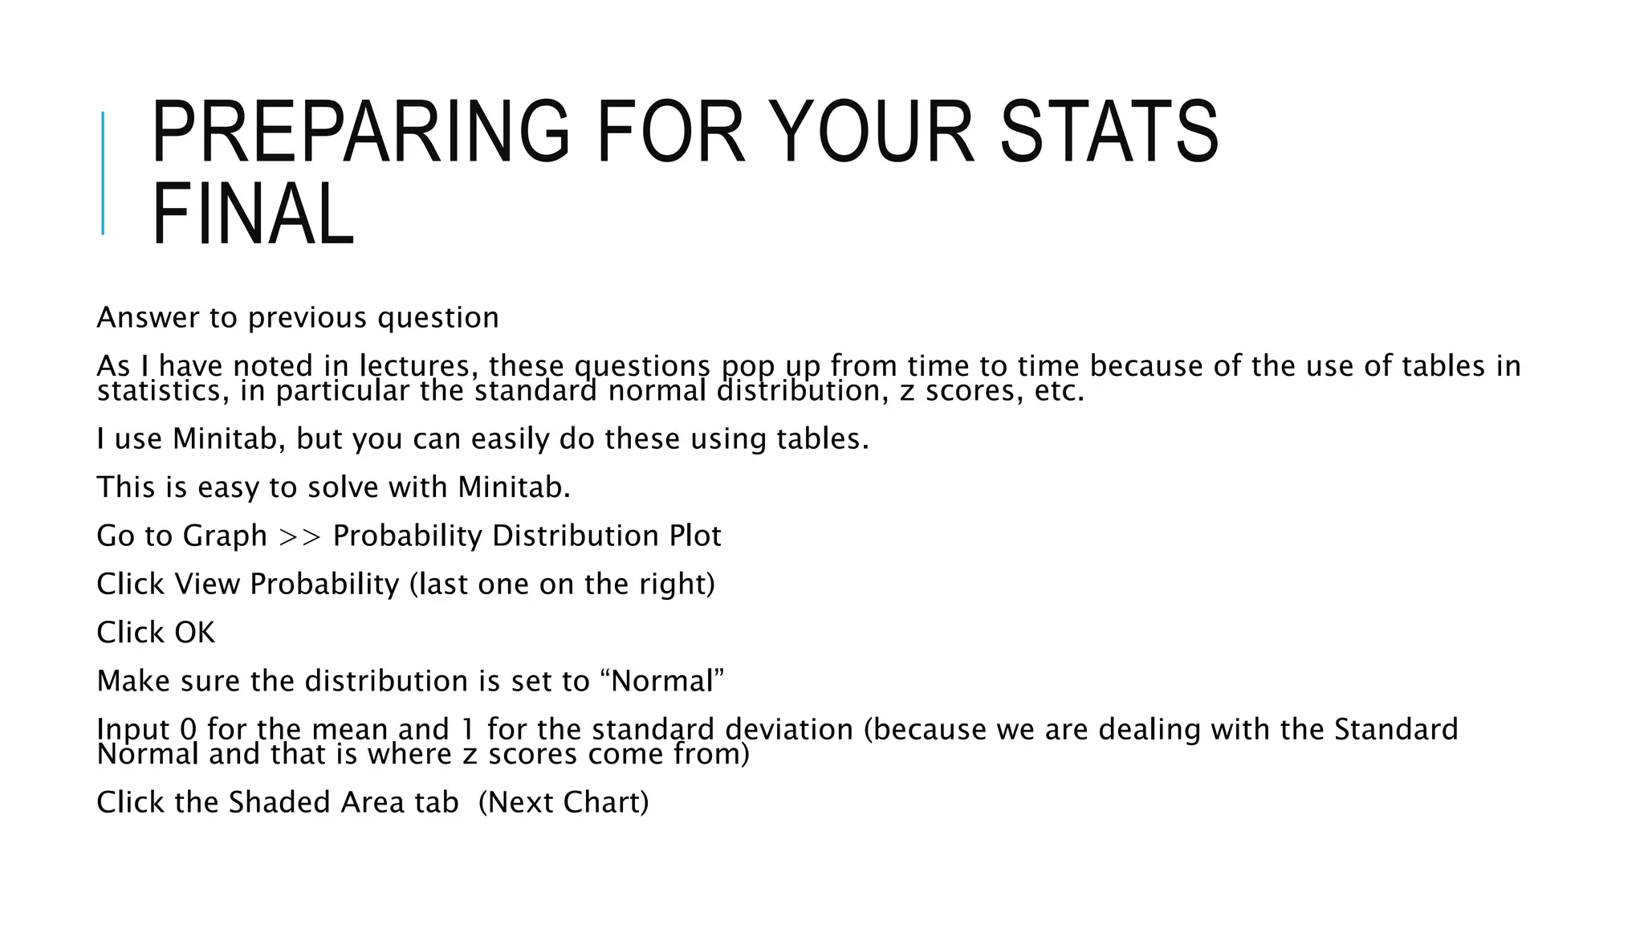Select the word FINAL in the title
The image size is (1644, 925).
click(252, 214)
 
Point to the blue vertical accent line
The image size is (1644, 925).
click(103, 173)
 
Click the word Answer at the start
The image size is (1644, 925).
click(147, 318)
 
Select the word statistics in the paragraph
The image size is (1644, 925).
click(163, 391)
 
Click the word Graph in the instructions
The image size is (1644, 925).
click(225, 536)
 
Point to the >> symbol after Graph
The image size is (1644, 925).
click(299, 536)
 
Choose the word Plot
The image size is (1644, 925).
click(695, 536)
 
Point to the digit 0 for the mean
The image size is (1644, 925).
click(188, 729)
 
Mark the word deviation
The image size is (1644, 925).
click(788, 729)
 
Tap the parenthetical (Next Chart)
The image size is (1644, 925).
click(563, 802)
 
